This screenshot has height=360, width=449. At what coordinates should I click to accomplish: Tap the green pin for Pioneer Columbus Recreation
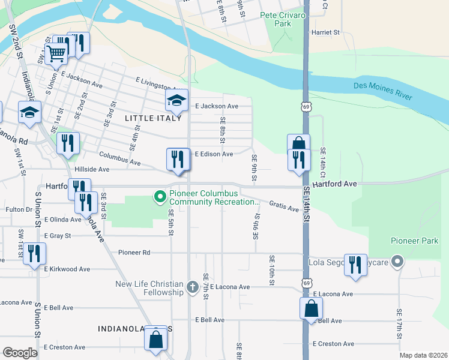pos(160,197)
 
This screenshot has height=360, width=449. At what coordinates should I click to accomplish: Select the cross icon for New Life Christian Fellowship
pos(192,287)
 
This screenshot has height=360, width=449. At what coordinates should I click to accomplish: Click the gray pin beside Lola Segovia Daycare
pos(397,262)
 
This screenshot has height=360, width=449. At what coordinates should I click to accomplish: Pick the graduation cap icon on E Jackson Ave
pos(177,101)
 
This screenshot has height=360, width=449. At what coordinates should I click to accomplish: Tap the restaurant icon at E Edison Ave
pos(177,158)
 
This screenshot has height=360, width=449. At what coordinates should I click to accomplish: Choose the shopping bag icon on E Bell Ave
pos(311,310)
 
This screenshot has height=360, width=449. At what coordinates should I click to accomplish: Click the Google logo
pos(20,353)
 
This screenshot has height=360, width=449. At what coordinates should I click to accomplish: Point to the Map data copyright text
pos(423,355)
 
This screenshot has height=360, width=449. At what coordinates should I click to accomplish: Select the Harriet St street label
pos(325,32)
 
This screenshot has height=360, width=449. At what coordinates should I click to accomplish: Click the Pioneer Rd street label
pos(134,253)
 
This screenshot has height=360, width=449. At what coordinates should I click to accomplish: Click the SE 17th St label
pos(399,324)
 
